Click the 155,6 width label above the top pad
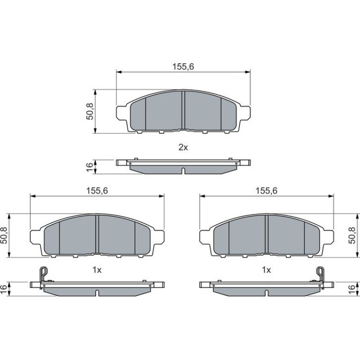point(183,66)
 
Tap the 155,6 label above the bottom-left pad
point(97,191)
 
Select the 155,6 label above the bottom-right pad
point(266,191)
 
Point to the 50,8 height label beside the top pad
point(90,111)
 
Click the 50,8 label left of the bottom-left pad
point(4,235)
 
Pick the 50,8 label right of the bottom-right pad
point(352,235)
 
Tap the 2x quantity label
point(183,147)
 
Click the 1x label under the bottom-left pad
point(97,270)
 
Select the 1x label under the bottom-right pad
point(266,270)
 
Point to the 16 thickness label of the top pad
point(90,166)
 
